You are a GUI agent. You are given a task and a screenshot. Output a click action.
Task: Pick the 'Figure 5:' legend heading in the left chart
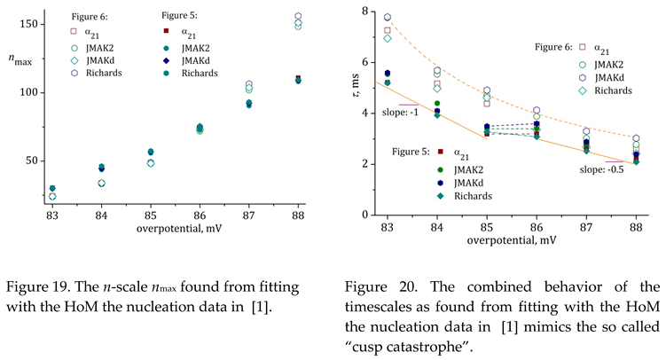pos(182,15)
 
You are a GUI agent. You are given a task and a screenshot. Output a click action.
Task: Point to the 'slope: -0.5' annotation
pos(602,168)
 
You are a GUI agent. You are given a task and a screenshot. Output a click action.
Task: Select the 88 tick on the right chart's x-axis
pos(635,226)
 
